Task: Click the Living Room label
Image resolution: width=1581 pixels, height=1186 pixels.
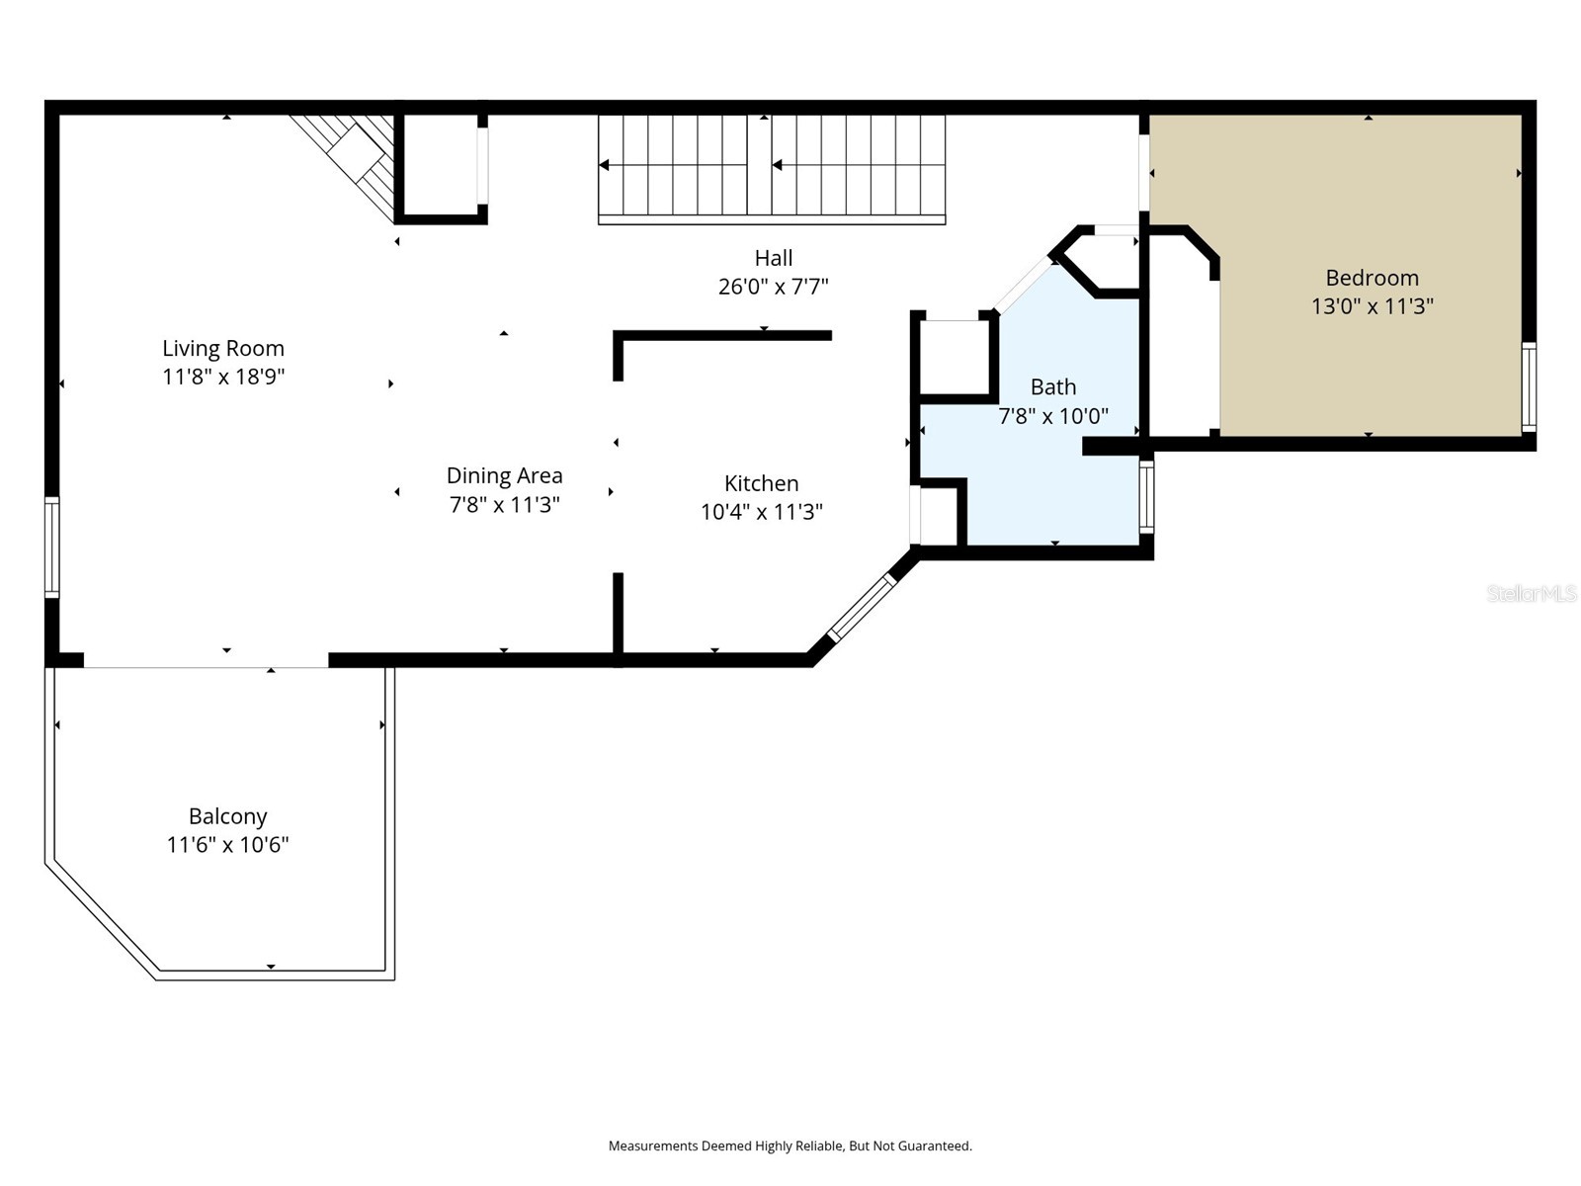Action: (x=223, y=348)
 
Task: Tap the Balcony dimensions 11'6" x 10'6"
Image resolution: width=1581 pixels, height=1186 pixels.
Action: (x=227, y=845)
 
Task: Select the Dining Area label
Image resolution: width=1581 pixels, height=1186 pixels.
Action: (x=504, y=475)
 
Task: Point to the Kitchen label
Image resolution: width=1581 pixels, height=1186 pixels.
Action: (x=761, y=483)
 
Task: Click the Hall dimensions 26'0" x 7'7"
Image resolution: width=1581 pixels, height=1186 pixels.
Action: (x=773, y=287)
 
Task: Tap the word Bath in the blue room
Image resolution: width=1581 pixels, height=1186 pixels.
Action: (x=1052, y=386)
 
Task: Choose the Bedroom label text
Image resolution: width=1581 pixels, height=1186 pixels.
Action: (x=1372, y=278)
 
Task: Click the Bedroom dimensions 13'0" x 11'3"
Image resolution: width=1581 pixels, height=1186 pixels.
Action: (x=1372, y=306)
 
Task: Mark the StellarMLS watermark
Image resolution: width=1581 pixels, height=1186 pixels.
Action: (x=1531, y=593)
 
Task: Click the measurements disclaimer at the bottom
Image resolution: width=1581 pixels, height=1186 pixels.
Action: (x=790, y=1145)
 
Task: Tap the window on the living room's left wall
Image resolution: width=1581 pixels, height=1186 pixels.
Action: (x=51, y=547)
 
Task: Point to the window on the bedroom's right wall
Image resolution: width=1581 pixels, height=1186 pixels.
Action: (x=1529, y=386)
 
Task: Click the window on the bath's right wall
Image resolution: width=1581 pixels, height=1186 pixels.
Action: (x=1146, y=497)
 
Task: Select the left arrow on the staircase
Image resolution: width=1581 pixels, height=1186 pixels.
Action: (x=605, y=165)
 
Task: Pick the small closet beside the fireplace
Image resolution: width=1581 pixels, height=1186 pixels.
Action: (x=441, y=163)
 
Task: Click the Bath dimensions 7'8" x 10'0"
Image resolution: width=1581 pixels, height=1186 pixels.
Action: (x=1052, y=416)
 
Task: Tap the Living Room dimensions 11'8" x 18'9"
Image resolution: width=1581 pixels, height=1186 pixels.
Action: (x=223, y=377)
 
